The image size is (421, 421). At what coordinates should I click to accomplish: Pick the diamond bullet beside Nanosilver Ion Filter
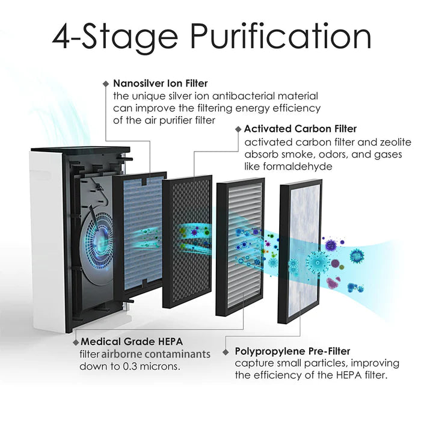tap(106, 83)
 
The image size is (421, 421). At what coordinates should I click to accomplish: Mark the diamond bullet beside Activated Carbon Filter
tap(237, 129)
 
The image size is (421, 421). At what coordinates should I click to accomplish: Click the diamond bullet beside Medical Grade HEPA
tap(75, 341)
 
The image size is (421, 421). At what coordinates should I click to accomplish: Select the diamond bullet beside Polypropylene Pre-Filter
tap(226, 351)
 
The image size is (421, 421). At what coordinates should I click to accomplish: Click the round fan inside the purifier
tap(97, 241)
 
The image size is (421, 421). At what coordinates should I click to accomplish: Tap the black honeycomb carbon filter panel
tap(187, 241)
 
